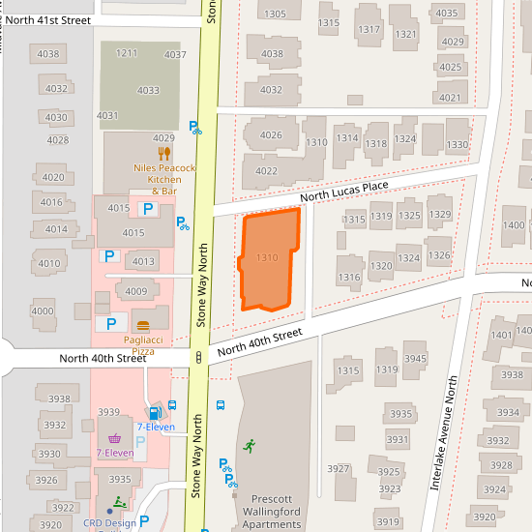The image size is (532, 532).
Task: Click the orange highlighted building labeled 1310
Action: coord(268,259)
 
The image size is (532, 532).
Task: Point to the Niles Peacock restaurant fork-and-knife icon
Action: coord(164,153)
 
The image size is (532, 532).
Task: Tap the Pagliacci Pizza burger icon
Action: coord(143,325)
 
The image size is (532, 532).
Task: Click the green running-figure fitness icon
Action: coord(249,445)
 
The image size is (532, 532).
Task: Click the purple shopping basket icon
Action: coord(114,438)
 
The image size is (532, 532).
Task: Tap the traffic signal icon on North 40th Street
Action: coord(198,357)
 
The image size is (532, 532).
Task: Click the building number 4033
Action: coord(148,90)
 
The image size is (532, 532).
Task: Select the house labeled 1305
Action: coord(275,14)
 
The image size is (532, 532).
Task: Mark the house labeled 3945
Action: coord(414,359)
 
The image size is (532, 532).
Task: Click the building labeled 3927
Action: coord(338,469)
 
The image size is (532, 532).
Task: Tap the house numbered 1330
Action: coord(457,145)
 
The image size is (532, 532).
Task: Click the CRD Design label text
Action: coord(110,523)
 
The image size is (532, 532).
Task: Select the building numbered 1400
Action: coord(514,225)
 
